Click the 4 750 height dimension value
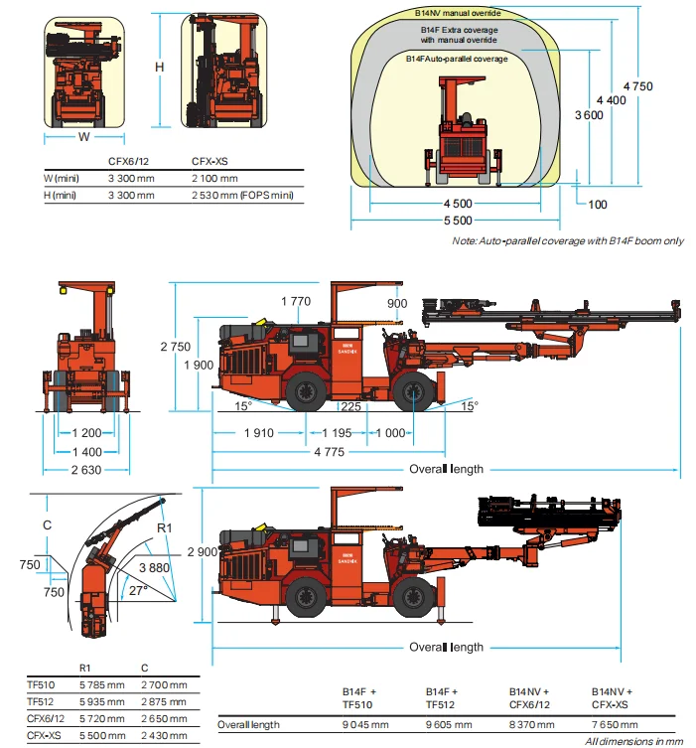pos(639,85)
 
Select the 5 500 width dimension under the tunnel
pos(456,220)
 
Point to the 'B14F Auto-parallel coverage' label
pos(457,60)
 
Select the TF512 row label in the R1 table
pos(43,700)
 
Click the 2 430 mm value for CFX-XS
pos(164,735)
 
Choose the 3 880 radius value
pos(154,566)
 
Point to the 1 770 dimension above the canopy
pos(296,302)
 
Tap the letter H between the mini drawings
pos(158,66)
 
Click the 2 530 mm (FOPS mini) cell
pos(241,196)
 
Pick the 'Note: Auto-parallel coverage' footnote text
pos(567,241)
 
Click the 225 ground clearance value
pos(348,406)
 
